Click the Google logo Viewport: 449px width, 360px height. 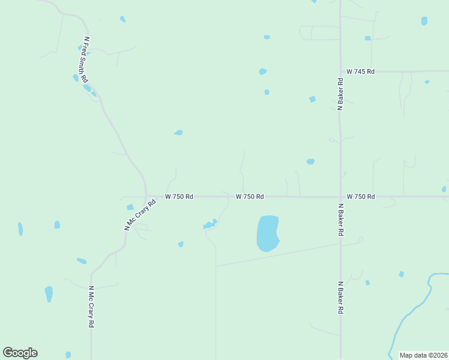click(x=20, y=353)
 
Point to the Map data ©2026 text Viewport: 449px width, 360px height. click(x=423, y=355)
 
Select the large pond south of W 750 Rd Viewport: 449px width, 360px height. click(x=268, y=233)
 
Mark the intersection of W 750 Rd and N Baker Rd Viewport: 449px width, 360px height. click(x=340, y=196)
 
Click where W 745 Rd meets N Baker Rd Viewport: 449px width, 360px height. click(x=340, y=71)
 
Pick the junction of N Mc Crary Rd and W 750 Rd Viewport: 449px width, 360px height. click(x=145, y=196)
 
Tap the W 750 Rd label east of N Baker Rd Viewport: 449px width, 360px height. click(x=361, y=196)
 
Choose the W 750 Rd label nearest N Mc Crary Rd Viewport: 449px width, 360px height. click(x=179, y=196)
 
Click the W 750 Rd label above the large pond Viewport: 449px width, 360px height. click(x=250, y=196)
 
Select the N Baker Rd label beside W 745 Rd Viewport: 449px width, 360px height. click(x=340, y=94)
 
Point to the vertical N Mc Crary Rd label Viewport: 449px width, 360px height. click(x=92, y=306)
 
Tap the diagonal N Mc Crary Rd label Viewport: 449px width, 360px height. click(x=136, y=214)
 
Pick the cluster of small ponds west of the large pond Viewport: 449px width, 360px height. click(x=209, y=225)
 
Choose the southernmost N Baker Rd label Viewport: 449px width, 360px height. click(x=340, y=298)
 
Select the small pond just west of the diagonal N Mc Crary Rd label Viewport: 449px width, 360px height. click(x=130, y=207)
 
